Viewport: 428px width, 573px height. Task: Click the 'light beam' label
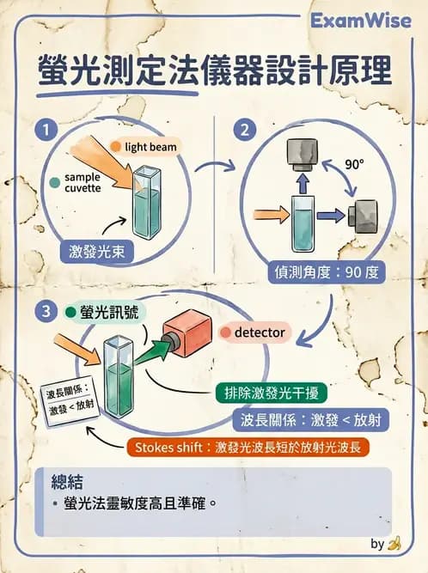(x=151, y=147)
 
